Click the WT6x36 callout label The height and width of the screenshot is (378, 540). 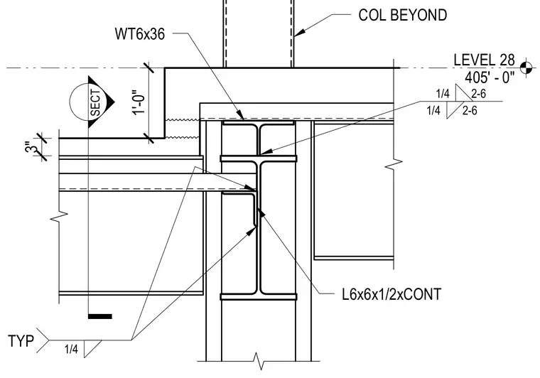click(139, 33)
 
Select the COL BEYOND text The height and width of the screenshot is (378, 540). click(403, 15)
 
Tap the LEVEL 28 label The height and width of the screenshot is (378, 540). click(484, 60)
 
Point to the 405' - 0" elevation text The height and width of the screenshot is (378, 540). click(490, 77)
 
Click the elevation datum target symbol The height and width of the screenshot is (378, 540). click(526, 67)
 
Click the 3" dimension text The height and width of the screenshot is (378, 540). click(33, 148)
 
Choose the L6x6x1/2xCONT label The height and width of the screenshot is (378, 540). click(391, 294)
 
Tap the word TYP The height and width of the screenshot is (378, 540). click(21, 341)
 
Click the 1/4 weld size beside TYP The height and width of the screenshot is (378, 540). click(71, 350)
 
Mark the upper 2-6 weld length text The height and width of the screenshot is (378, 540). click(478, 93)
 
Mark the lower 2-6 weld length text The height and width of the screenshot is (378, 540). click(470, 110)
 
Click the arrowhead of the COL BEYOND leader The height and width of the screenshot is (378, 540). click(299, 33)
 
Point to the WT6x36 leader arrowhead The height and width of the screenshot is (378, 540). click(240, 115)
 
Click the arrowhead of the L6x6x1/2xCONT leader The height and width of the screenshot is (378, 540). click(261, 212)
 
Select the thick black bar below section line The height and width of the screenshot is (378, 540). click(100, 316)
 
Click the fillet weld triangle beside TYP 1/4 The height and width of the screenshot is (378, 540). click(92, 348)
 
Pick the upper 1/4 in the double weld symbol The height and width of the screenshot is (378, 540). click(443, 93)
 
